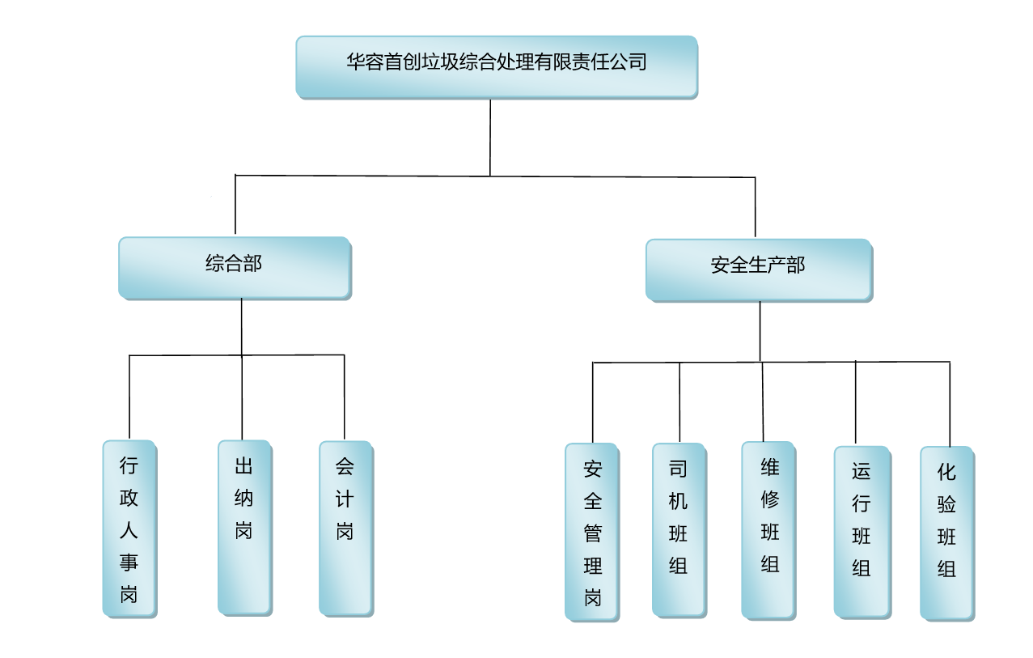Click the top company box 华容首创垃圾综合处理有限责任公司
[496, 67]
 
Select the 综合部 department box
[235, 267]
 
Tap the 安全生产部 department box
[758, 270]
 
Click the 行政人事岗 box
[129, 529]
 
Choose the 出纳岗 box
[244, 527]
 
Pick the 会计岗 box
[345, 528]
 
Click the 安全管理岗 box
[593, 532]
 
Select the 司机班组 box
[679, 529]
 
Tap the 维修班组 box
[768, 529]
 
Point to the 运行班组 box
[862, 532]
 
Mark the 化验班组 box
[947, 533]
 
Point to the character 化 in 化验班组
[947, 472]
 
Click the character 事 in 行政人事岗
[129, 562]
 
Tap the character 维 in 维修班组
[769, 468]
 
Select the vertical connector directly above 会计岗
[345, 397]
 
